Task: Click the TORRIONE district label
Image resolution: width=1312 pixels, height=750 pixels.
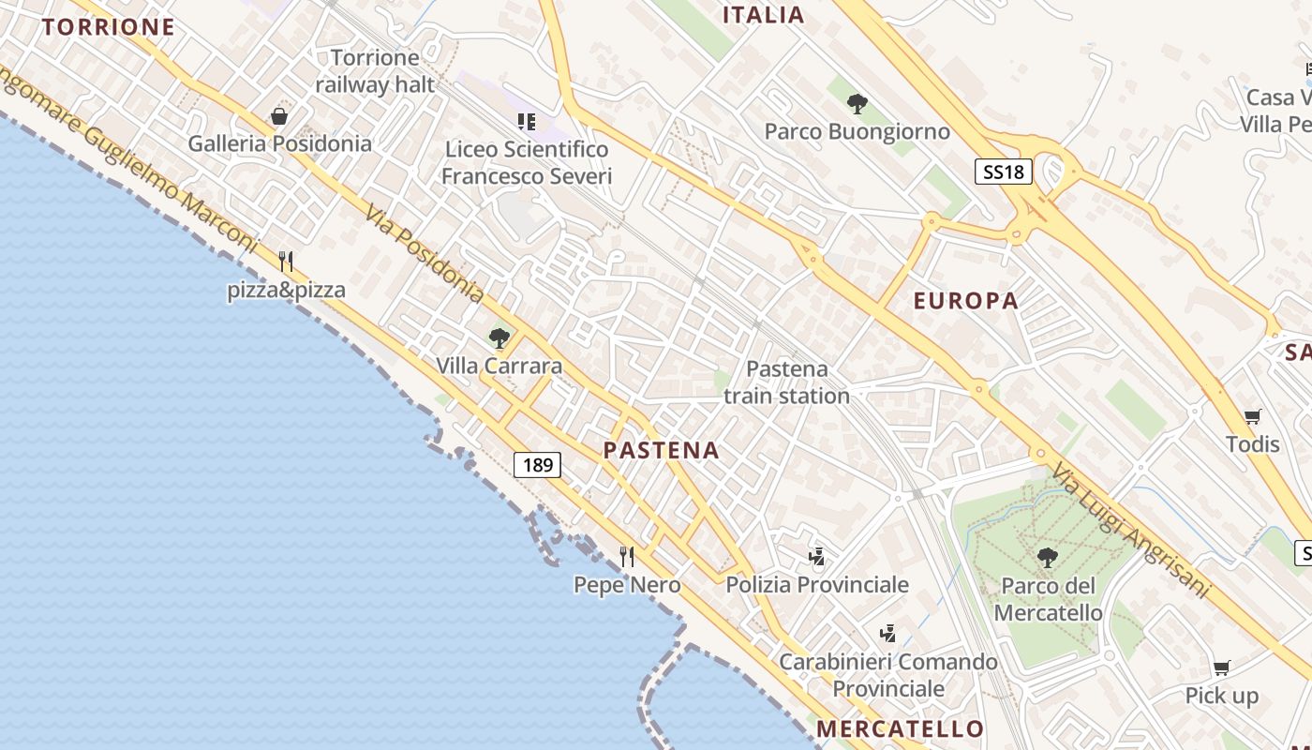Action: [x=109, y=27]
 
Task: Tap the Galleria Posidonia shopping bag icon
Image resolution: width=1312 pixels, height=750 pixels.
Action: [x=279, y=116]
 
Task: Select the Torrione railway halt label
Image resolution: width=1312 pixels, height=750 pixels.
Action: [x=375, y=71]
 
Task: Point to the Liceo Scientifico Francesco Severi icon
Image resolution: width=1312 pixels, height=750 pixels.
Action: [x=527, y=122]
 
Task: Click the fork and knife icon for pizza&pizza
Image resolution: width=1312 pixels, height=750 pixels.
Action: [x=287, y=262]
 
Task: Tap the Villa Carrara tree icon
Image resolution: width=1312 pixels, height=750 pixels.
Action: [x=499, y=338]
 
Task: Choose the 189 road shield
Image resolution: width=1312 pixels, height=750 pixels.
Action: [x=537, y=464]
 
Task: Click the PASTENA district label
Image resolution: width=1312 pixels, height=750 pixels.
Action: [x=662, y=450]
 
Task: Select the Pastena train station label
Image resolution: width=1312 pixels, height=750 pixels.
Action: [x=787, y=382]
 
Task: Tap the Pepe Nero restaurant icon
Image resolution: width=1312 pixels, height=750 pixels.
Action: [x=627, y=557]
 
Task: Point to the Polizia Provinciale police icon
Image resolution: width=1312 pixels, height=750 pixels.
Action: [x=817, y=557]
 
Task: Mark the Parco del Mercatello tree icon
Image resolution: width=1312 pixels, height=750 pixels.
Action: [x=1048, y=559]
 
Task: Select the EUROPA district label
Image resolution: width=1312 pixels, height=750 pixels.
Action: [x=965, y=301]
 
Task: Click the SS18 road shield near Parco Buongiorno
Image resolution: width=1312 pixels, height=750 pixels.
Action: [x=1003, y=172]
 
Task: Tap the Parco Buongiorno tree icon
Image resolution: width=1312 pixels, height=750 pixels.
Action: [x=857, y=104]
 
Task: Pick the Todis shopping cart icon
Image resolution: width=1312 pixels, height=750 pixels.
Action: [x=1253, y=416]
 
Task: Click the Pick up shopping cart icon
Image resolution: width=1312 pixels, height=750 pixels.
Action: [x=1221, y=668]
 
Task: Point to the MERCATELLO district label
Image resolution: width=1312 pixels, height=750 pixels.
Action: [x=900, y=728]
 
